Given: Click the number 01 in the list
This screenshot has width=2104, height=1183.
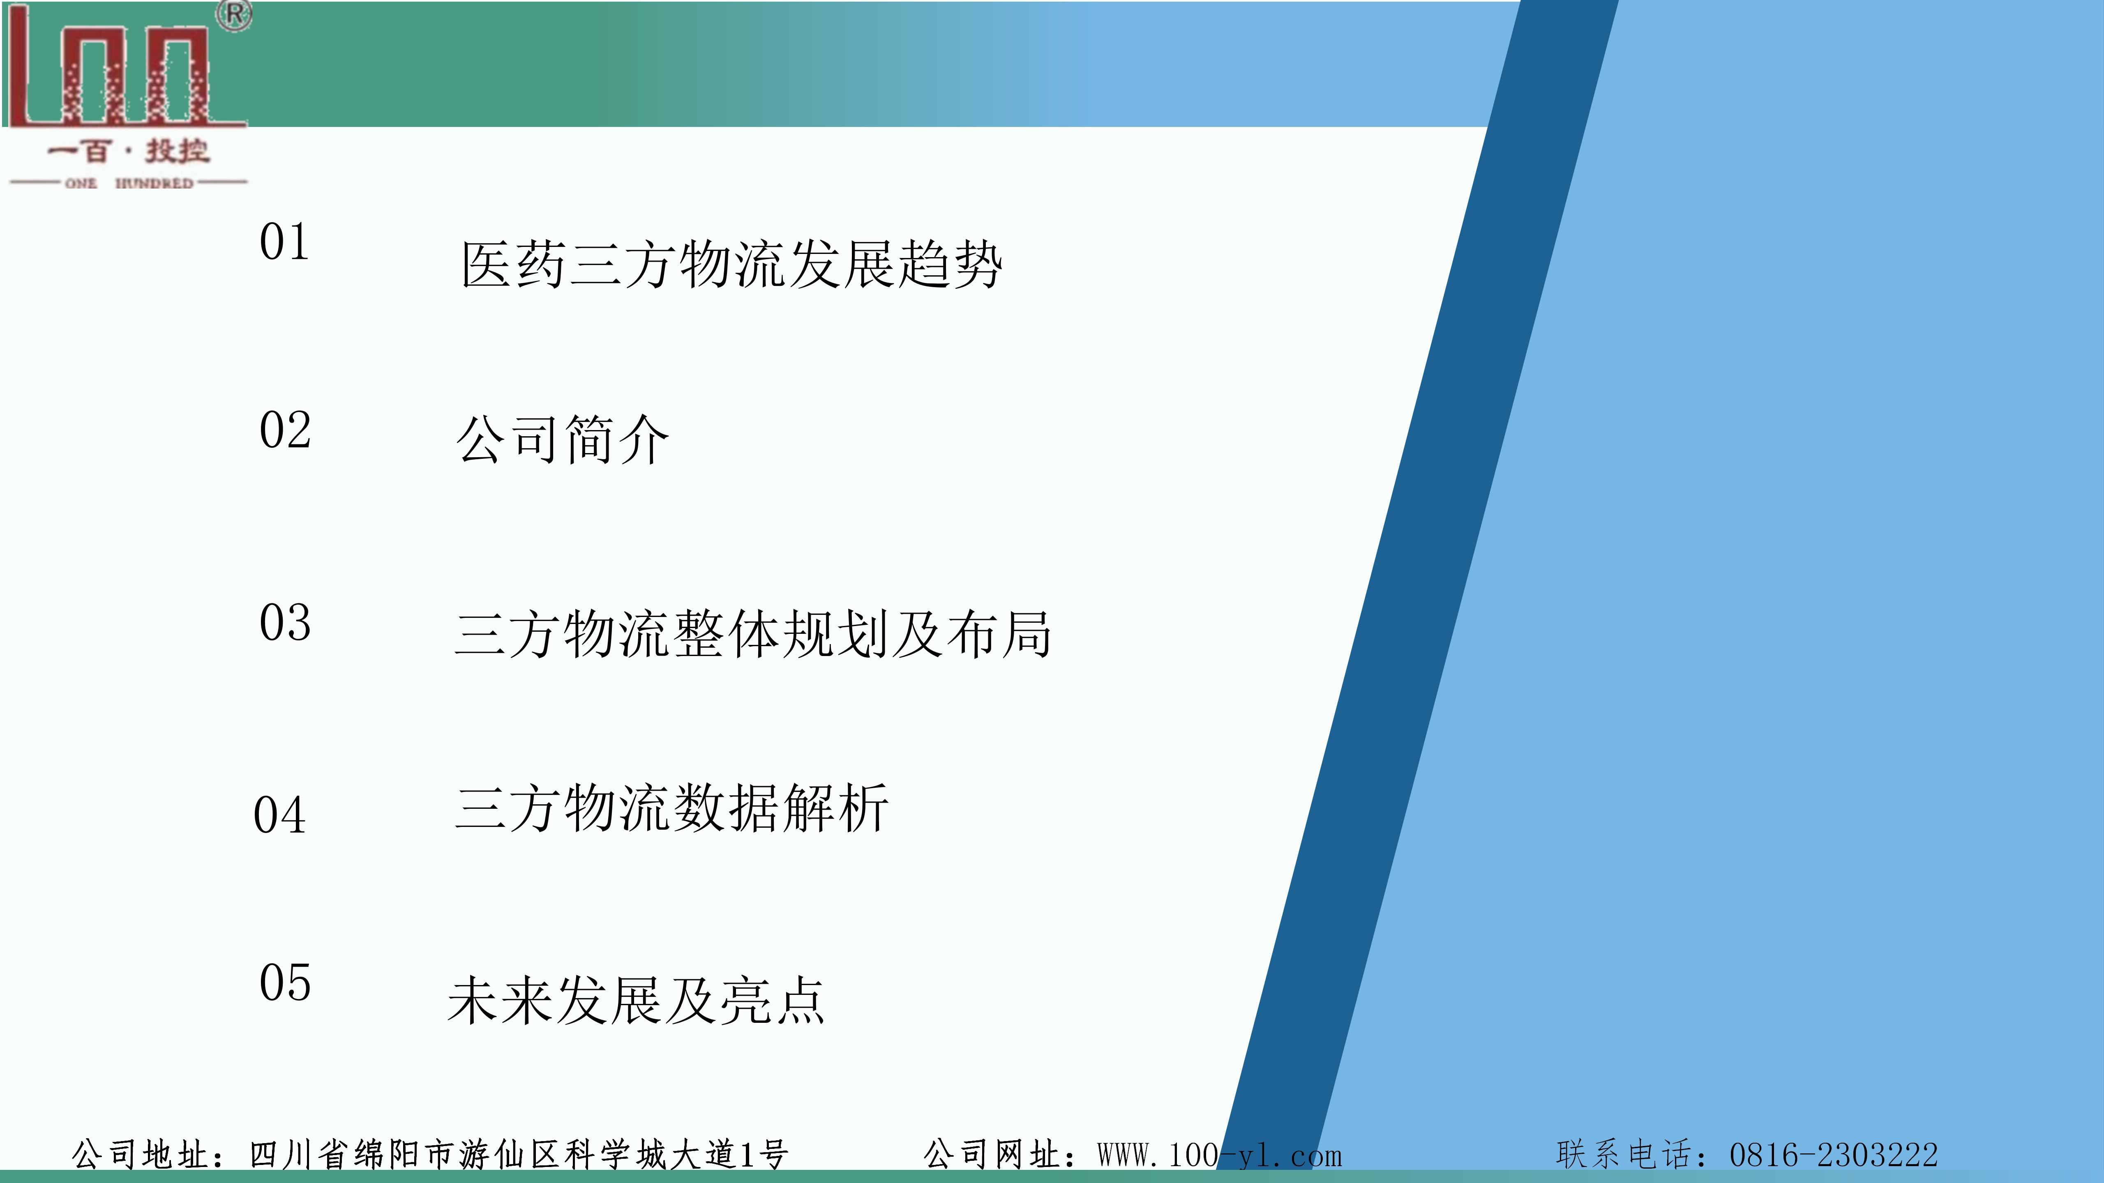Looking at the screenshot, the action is pos(284,242).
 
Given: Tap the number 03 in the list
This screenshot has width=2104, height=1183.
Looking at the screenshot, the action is pos(285,623).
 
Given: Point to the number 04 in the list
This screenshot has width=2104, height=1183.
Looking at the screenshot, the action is pos(279,815).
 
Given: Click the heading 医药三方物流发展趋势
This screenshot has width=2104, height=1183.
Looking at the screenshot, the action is pos(732,265).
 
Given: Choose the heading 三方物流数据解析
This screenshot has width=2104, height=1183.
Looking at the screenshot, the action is pos(671,808).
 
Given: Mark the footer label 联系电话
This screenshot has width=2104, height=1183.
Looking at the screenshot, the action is pos(1625,1154).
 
